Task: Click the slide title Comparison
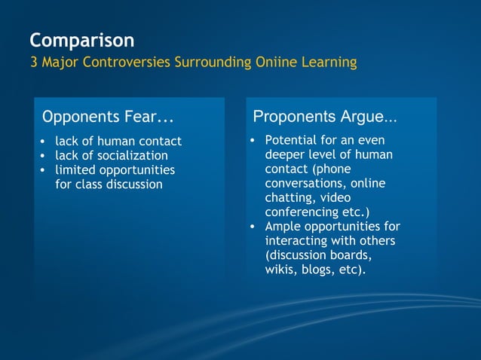pos(81,40)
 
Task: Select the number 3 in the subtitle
pos(33,62)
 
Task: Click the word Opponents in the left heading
pos(78,117)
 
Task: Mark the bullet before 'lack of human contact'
pos(43,142)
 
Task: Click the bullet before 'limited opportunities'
pos(43,170)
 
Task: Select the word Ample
pos(282,226)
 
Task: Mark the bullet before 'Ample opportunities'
pos(254,227)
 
